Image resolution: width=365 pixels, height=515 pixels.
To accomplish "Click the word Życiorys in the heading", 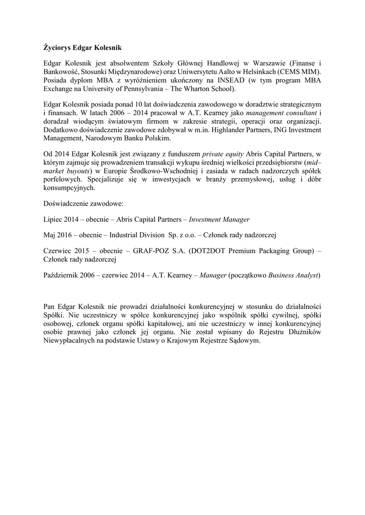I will [56, 48].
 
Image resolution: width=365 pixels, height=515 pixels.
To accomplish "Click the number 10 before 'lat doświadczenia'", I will [130, 104].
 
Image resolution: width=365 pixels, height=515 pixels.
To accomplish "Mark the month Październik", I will [62, 275].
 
